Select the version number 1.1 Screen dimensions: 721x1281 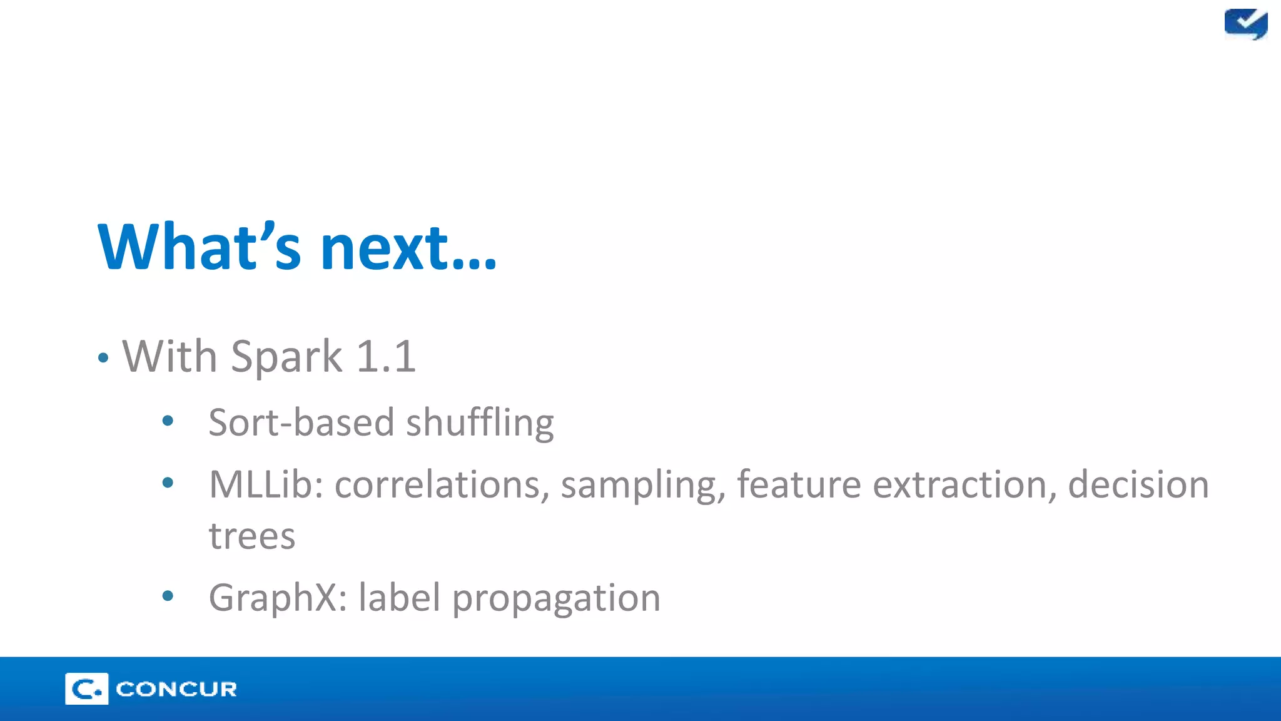click(385, 357)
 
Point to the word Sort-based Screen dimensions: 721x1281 click(301, 422)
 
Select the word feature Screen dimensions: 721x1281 click(799, 484)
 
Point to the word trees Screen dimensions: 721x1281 click(251, 536)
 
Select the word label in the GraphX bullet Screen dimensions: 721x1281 click(399, 597)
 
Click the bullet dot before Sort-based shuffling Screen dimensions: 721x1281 click(167, 421)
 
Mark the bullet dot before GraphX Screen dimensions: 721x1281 click(167, 596)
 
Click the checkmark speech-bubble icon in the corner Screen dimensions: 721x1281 click(1245, 24)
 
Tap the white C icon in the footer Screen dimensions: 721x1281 click(86, 689)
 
